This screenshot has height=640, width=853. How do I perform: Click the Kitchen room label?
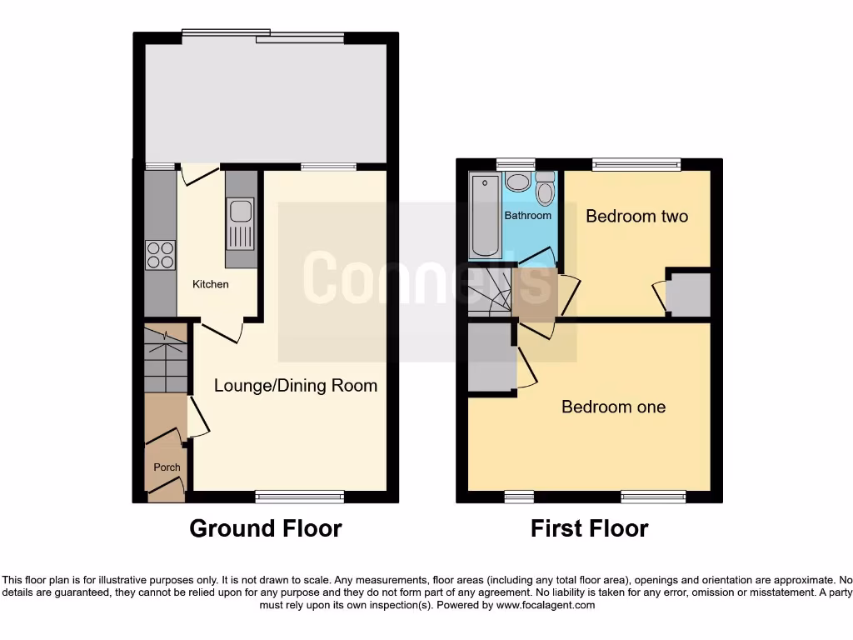(x=211, y=284)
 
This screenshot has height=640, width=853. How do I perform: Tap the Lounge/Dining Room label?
(x=296, y=385)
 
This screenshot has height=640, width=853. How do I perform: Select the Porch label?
(x=167, y=467)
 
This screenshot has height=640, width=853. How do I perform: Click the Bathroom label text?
(x=527, y=215)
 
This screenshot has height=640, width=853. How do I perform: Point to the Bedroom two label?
(x=636, y=217)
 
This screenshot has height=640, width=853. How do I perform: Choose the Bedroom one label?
(x=613, y=407)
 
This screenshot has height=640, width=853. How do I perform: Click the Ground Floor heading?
(x=265, y=528)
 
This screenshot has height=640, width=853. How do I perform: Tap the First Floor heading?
(x=589, y=528)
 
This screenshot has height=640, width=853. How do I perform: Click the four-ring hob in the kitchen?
(x=160, y=254)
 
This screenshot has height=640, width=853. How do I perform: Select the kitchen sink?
(x=241, y=222)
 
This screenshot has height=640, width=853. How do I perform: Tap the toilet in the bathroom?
(x=545, y=189)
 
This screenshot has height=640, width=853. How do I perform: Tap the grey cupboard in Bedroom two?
(x=689, y=294)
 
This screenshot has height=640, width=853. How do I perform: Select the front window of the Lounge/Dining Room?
(x=300, y=497)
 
